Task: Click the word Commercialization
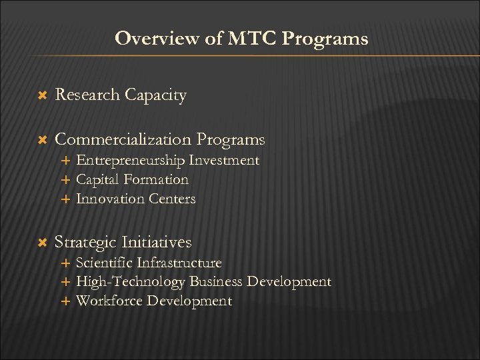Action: pos(123,139)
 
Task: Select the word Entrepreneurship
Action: pos(131,161)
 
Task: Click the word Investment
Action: pos(225,160)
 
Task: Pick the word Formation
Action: pos(157,179)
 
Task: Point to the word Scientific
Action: pos(103,263)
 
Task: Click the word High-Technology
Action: pos(131,282)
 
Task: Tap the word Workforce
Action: pos(109,301)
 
